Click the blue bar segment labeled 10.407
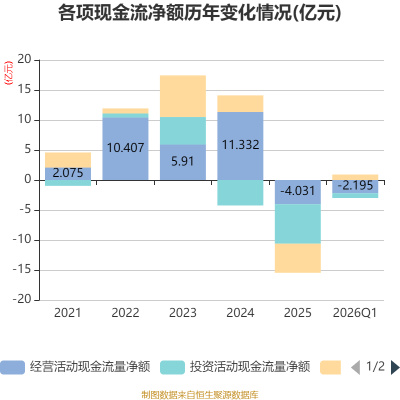click(125, 148)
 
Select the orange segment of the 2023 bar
click(183, 96)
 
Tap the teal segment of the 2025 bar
click(297, 223)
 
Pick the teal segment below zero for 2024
click(240, 193)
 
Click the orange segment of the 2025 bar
click(297, 258)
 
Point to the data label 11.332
click(240, 145)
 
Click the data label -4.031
click(297, 191)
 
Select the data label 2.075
click(68, 173)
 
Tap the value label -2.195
click(355, 185)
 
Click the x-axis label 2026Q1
click(355, 313)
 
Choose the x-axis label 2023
click(182, 313)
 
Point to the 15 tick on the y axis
click(24, 89)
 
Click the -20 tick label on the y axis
click(22, 299)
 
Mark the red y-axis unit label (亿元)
click(8, 73)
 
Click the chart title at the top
click(199, 13)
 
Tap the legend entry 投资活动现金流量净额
click(235, 367)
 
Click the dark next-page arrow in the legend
click(395, 367)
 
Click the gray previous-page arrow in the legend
click(355, 367)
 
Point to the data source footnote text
click(199, 394)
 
